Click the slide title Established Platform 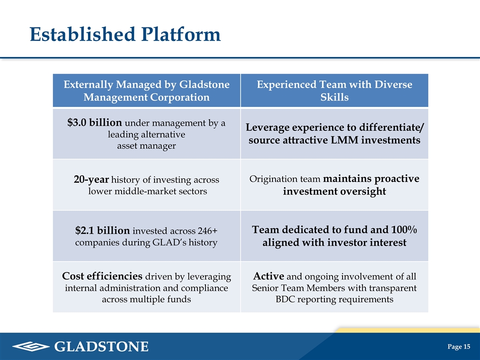click(125, 34)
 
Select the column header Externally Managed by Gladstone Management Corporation click(146, 90)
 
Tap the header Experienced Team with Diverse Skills click(334, 90)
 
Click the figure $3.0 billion click(94, 122)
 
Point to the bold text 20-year click(91, 179)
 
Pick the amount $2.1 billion click(102, 230)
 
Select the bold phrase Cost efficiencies click(102, 276)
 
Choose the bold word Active click(268, 276)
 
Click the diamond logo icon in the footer click(31, 346)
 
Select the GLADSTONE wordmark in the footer click(101, 346)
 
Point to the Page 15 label click(458, 346)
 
